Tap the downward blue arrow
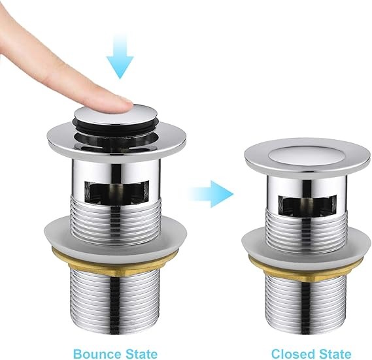[120, 56]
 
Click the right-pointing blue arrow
[211, 194]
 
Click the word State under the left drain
[141, 354]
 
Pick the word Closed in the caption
[294, 354]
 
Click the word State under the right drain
[335, 354]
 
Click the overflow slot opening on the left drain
[116, 192]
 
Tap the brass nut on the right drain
[305, 269]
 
